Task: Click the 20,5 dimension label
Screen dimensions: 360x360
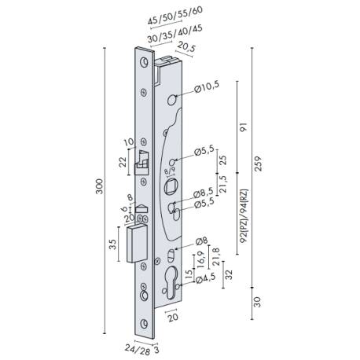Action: pyautogui.click(x=187, y=47)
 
